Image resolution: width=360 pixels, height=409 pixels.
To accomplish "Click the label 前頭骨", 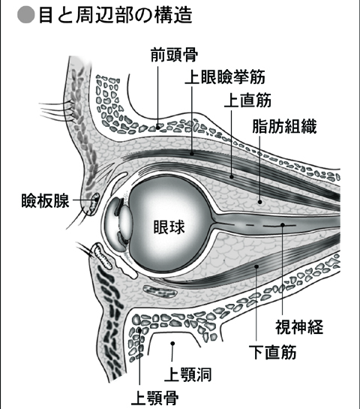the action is click(174, 55).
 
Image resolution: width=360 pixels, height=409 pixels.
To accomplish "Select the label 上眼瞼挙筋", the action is click(225, 77).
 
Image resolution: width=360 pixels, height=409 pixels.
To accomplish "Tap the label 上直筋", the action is click(247, 101).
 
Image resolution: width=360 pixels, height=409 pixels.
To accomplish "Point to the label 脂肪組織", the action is click(284, 127).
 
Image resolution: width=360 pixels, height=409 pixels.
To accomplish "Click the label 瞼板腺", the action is click(45, 200).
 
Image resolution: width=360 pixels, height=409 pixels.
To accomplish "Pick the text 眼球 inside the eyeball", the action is click(169, 227).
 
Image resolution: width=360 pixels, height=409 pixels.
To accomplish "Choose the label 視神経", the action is click(299, 327).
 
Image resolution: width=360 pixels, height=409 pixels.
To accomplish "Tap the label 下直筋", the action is click(272, 353).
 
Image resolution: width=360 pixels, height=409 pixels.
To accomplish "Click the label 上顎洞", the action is click(187, 374).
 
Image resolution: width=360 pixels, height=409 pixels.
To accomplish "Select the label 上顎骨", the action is click(154, 398).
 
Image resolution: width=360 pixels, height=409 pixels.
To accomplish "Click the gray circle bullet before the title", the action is click(26, 14).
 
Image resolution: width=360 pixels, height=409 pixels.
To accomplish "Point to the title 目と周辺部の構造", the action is click(115, 15).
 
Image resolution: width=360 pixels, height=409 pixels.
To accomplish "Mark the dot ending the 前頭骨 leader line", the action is click(158, 128).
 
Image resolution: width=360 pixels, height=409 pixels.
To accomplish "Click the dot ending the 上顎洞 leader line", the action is click(172, 344).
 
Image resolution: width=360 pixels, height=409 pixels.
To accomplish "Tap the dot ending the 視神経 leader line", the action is click(283, 224).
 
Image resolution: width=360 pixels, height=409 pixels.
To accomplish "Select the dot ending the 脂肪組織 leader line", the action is click(259, 202).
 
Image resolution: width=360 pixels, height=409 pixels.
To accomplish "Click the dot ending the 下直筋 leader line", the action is click(256, 266).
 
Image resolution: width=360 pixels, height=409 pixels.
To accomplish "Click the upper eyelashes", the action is click(55, 111).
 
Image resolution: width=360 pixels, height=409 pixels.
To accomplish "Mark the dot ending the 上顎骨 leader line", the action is click(139, 330).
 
